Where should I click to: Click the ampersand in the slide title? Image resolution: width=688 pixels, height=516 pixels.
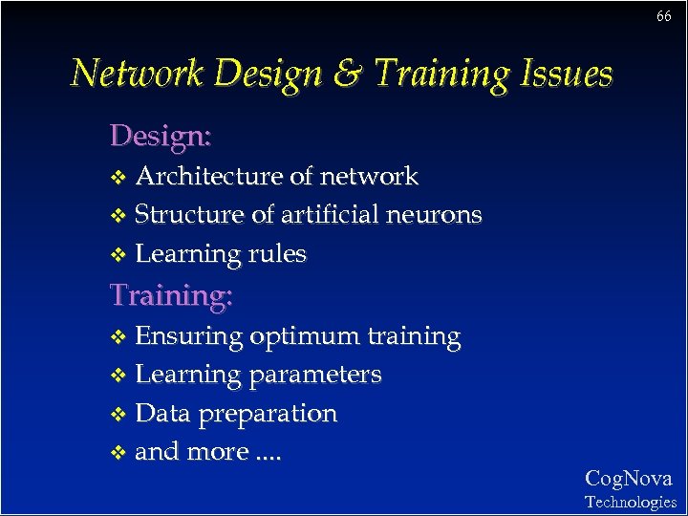pos(348,74)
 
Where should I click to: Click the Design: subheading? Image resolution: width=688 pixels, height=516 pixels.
pos(161,136)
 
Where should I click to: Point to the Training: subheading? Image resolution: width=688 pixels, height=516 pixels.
pos(171,295)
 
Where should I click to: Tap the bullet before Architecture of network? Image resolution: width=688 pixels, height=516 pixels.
pos(118,178)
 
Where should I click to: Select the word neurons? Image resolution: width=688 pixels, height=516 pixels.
pos(435,215)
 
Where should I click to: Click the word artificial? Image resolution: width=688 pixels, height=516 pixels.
pos(331,215)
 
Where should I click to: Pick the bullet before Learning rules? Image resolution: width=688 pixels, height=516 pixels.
pos(118,255)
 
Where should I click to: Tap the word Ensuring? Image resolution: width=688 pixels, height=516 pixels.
pos(189,337)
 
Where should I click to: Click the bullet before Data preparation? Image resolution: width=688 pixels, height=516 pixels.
pos(118,415)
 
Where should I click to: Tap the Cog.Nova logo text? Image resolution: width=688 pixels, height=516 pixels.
pos(628,479)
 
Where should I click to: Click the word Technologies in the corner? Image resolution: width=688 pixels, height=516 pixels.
pos(630,502)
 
